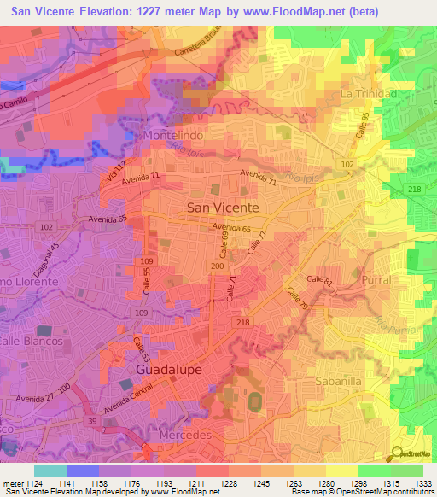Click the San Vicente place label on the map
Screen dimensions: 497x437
[x=222, y=208]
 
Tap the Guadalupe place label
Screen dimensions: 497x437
[x=168, y=370]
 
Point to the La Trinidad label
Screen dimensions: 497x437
[x=369, y=93]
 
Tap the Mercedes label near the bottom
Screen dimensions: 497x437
[x=185, y=435]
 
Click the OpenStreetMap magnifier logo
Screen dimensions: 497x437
[x=398, y=455]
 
